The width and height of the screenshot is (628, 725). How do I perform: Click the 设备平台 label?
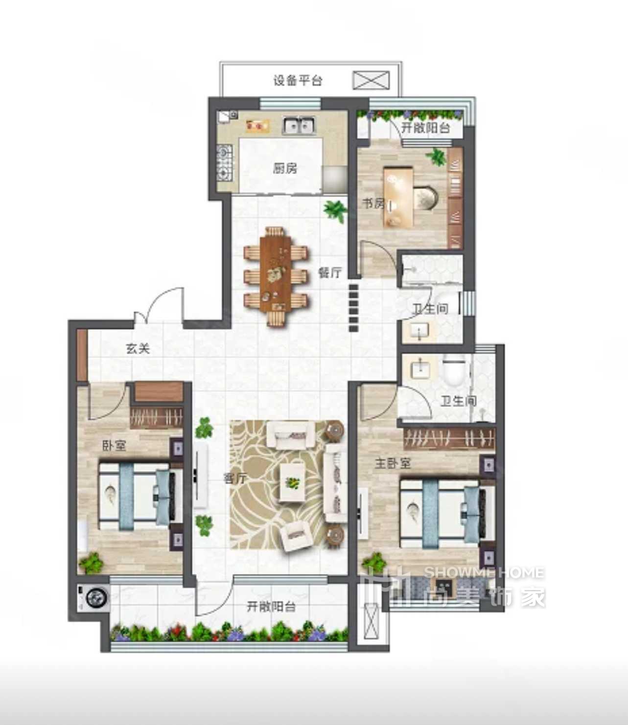pos(298,81)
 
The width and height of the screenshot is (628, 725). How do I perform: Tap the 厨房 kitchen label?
pos(285,169)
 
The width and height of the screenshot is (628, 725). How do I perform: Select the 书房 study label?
pos(373,204)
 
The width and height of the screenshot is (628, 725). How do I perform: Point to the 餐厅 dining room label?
pos(330,272)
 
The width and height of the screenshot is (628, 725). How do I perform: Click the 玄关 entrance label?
pos(138,348)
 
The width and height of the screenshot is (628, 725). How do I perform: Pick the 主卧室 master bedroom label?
pos(393,464)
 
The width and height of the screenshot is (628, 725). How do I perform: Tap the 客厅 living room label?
pos(235,478)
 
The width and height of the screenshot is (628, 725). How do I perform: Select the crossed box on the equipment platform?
pos(371,80)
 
